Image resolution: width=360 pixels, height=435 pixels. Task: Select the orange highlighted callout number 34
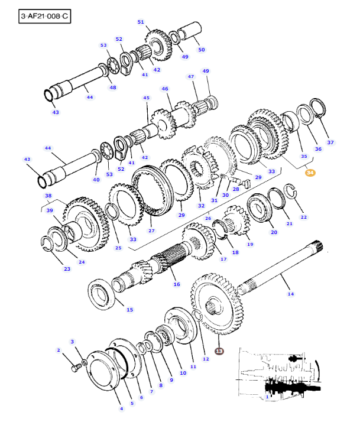(x=310, y=173)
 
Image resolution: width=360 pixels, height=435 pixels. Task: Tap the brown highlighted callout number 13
(x=219, y=351)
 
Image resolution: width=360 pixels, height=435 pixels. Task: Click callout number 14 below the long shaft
(x=290, y=294)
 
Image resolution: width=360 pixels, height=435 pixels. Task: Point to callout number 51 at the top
(x=141, y=22)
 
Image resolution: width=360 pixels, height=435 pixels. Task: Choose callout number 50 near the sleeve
(x=202, y=50)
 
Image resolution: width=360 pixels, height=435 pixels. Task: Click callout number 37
(x=330, y=142)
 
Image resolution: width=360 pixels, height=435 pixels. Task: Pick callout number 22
(x=303, y=218)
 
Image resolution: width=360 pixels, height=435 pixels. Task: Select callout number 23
(x=67, y=269)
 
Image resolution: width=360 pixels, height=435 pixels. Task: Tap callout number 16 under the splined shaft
(x=176, y=284)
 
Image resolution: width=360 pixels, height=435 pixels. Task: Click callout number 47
(x=191, y=76)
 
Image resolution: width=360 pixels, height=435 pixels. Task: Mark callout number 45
(x=146, y=98)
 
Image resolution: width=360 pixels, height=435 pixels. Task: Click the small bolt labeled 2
(x=76, y=368)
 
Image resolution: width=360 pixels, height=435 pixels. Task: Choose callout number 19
(x=249, y=244)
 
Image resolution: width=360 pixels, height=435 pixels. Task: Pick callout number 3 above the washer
(x=73, y=342)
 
